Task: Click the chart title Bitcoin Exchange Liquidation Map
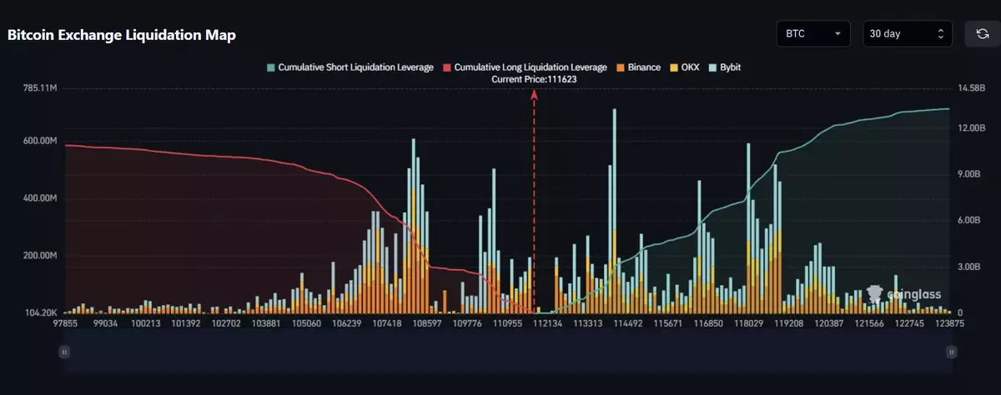click(122, 35)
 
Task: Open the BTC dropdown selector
click(812, 34)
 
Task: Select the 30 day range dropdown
click(906, 34)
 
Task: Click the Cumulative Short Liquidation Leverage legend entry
click(350, 67)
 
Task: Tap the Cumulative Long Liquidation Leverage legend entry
click(526, 67)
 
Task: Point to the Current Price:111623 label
click(534, 78)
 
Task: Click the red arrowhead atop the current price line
click(534, 94)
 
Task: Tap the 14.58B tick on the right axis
click(969, 87)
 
